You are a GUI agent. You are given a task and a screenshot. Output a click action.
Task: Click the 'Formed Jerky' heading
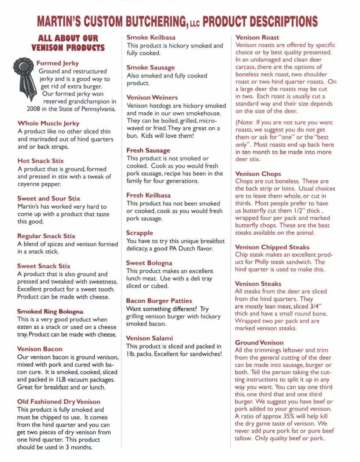point(57,63)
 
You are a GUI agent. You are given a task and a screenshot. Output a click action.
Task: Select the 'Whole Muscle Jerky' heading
point(48,123)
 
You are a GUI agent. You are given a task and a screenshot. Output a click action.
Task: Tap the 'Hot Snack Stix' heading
point(40,161)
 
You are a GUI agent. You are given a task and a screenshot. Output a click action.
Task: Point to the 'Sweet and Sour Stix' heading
point(48,198)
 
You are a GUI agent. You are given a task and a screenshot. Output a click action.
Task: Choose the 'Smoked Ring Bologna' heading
point(50,311)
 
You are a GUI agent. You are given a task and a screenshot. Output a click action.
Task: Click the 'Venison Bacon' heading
point(39,349)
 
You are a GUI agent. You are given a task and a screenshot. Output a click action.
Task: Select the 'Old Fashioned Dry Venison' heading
point(58,402)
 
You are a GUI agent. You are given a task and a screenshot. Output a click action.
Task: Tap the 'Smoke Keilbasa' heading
point(151,37)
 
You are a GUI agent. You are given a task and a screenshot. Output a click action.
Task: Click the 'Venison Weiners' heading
point(152,98)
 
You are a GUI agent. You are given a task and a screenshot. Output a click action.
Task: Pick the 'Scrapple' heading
point(139,233)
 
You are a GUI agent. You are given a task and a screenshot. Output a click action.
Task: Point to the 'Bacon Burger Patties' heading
point(159,301)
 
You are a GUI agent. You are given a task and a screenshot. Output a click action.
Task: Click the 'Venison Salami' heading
point(149,338)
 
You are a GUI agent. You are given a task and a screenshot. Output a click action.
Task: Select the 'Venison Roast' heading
point(257,37)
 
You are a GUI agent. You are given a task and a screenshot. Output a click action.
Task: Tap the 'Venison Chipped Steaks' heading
point(272,247)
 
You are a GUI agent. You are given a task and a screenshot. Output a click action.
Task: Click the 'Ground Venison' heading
point(259,343)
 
